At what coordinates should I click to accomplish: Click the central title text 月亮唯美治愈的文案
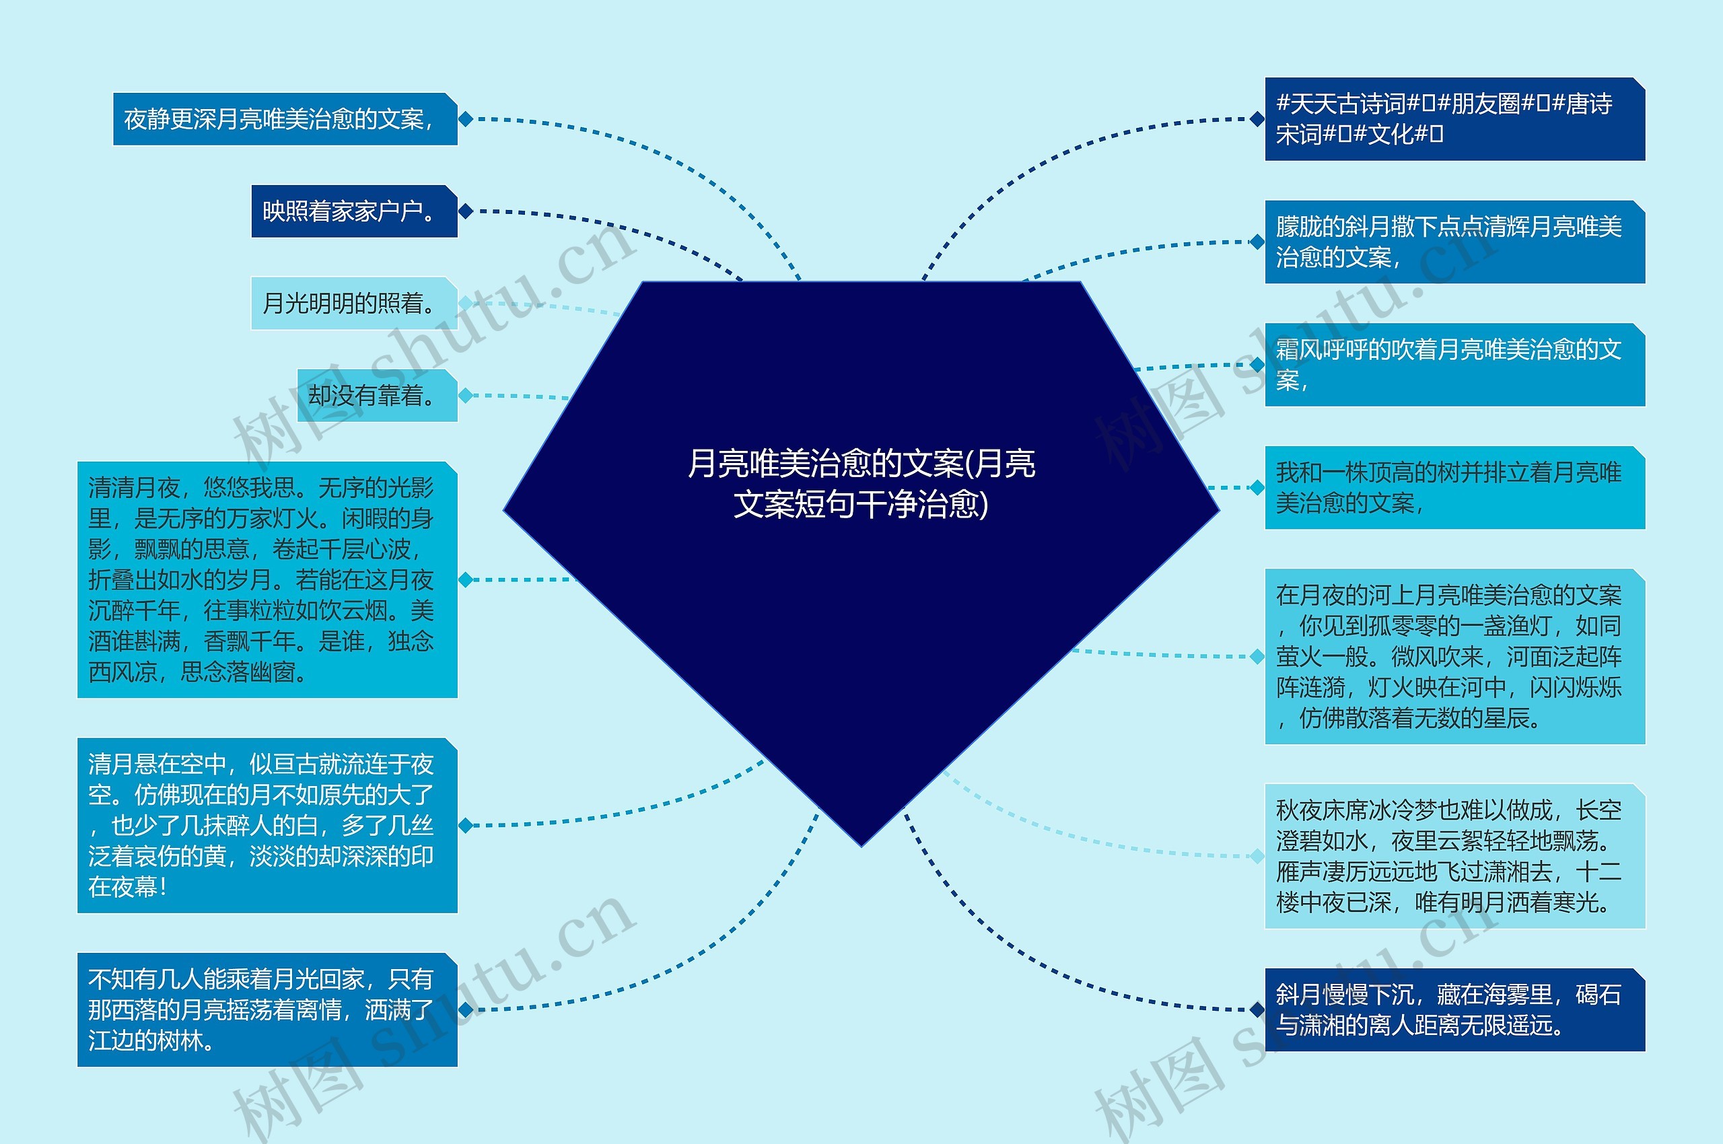pyautogui.click(x=861, y=483)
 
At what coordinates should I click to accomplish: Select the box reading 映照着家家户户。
pyautogui.click(x=354, y=211)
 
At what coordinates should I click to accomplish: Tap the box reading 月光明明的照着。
pyautogui.click(x=354, y=303)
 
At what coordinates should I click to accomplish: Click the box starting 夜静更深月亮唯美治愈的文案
pyautogui.click(x=285, y=119)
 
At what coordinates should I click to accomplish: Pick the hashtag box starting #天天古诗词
pyautogui.click(x=1454, y=119)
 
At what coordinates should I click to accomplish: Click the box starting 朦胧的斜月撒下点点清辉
pyautogui.click(x=1454, y=242)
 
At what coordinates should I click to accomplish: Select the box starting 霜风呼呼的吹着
pyautogui.click(x=1454, y=365)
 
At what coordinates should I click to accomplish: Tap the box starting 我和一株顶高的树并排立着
pyautogui.click(x=1454, y=487)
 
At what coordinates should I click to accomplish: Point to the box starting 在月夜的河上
pyautogui.click(x=1454, y=657)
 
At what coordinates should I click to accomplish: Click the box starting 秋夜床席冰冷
pyautogui.click(x=1454, y=856)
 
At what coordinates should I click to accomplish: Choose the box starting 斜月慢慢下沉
pyautogui.click(x=1454, y=1010)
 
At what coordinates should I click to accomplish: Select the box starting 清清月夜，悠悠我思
pyautogui.click(x=267, y=580)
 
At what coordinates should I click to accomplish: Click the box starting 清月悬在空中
pyautogui.click(x=267, y=825)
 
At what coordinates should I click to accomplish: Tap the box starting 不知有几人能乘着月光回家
pyautogui.click(x=267, y=1010)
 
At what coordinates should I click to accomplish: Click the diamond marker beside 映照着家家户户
pyautogui.click(x=466, y=211)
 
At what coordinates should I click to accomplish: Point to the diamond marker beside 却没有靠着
pyautogui.click(x=466, y=396)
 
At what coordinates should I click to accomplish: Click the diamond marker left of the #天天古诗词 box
pyautogui.click(x=1257, y=119)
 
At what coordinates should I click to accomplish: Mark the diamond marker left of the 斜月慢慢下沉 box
pyautogui.click(x=1257, y=1010)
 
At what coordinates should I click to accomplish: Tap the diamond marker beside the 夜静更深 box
pyautogui.click(x=466, y=119)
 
